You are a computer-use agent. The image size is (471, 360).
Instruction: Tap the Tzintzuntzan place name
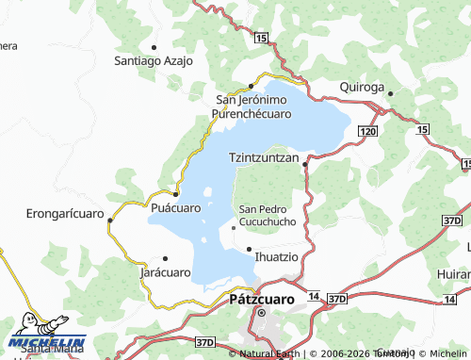tap(264, 159)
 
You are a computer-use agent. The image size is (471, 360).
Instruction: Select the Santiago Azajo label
tap(154, 60)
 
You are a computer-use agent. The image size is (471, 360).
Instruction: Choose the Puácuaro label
tap(175, 207)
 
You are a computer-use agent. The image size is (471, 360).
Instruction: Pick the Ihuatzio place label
tap(278, 255)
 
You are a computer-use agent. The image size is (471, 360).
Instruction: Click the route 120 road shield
tap(367, 132)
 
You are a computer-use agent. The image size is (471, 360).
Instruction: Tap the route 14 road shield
tap(313, 297)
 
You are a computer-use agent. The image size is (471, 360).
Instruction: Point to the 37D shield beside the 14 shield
tap(337, 298)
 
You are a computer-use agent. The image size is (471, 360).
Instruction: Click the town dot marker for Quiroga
tap(390, 93)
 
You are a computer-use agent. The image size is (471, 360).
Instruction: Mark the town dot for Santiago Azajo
tap(154, 46)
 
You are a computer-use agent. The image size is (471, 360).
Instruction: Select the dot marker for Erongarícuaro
tap(110, 221)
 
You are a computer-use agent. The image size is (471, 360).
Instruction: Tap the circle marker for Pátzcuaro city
tap(263, 313)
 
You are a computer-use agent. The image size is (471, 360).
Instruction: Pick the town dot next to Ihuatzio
tap(249, 249)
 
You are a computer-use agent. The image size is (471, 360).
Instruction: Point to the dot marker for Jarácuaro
tap(165, 258)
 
